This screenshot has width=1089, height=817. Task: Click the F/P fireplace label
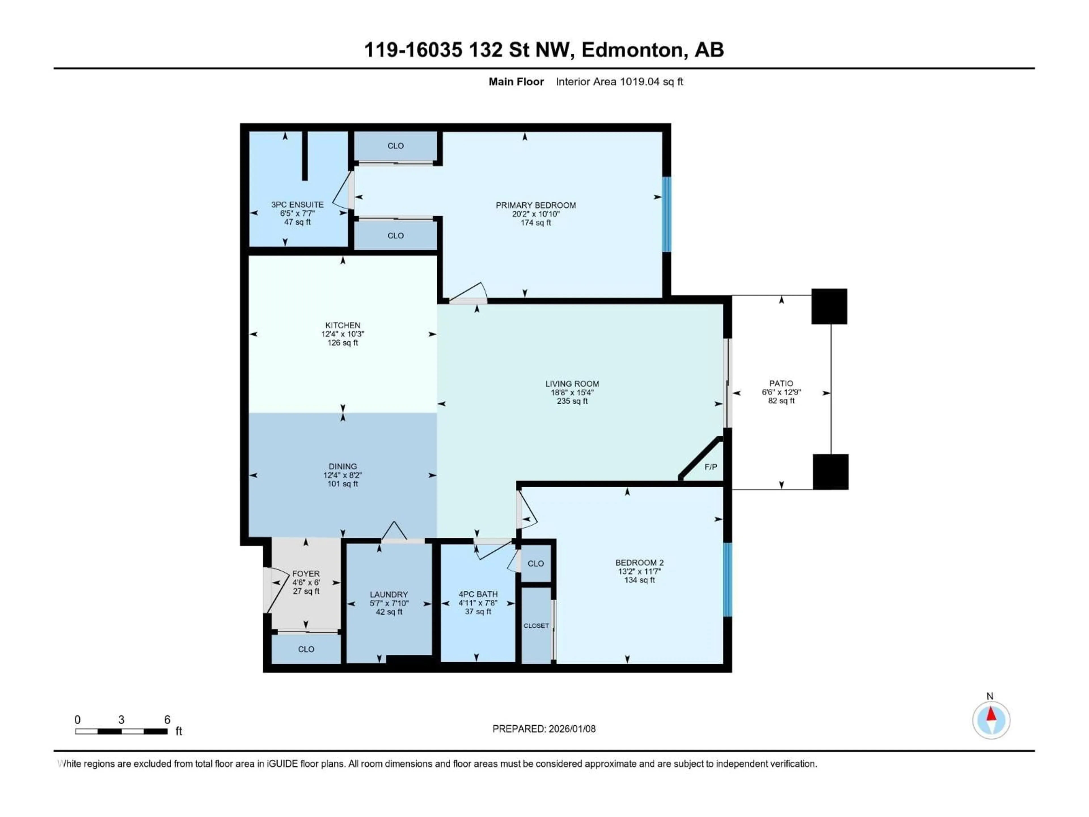(x=710, y=467)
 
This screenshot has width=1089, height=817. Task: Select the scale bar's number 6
(x=167, y=719)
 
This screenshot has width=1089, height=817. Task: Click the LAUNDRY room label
(x=389, y=594)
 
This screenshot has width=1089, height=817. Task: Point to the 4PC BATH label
(x=478, y=594)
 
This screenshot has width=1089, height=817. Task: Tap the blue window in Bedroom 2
(x=727, y=579)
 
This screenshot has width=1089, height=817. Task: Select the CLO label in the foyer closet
(x=306, y=649)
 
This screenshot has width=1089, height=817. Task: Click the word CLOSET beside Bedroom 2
(x=536, y=626)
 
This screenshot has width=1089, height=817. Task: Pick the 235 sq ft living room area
(x=572, y=401)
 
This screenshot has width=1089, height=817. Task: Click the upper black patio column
(x=829, y=306)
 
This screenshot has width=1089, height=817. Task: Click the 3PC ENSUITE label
(x=297, y=204)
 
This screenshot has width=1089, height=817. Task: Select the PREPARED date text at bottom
(x=544, y=729)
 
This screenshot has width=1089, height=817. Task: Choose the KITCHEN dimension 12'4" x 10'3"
(x=343, y=334)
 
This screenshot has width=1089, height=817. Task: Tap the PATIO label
(x=781, y=383)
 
